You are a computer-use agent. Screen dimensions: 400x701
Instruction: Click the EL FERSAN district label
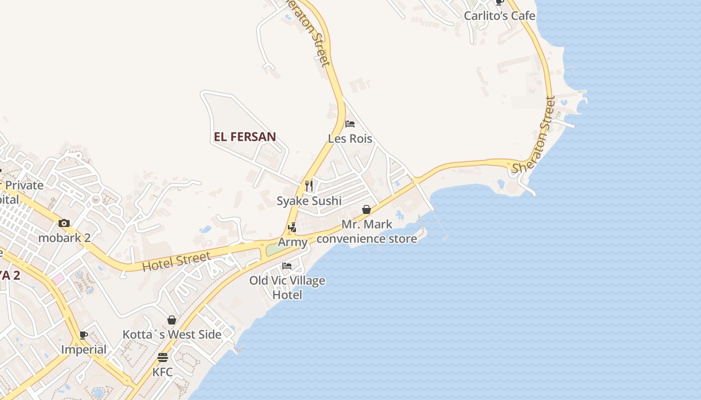[245, 136]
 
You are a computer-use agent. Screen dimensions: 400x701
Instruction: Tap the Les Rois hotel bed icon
[350, 124]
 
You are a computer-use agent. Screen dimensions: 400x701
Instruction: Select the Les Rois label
[350, 138]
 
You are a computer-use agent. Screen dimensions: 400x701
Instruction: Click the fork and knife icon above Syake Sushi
[309, 186]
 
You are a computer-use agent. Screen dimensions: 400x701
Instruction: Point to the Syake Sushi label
[309, 201]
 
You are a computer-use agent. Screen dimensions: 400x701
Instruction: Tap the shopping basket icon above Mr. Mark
[367, 209]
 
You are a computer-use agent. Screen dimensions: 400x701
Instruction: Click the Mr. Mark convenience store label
[367, 231]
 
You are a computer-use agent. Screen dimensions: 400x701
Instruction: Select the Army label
[292, 242]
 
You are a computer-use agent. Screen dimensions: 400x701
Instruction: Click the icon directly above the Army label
[292, 228]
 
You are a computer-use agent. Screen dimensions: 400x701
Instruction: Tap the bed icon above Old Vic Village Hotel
[287, 265]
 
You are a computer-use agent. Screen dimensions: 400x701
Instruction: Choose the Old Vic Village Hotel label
[287, 287]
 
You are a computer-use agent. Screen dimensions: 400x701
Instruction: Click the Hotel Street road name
[176, 261]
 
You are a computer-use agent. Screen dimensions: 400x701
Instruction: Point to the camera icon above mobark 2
[64, 223]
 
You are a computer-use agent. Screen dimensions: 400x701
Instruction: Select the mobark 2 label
[65, 237]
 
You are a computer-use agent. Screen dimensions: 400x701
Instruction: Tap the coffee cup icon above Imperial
[84, 335]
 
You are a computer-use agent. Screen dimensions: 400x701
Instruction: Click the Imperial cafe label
[84, 349]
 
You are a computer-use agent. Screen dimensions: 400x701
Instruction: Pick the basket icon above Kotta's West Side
[172, 320]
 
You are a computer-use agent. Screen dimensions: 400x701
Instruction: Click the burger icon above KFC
[163, 357]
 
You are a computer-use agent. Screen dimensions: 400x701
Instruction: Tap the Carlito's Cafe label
[499, 15]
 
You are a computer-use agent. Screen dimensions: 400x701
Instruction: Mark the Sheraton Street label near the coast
[534, 135]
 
